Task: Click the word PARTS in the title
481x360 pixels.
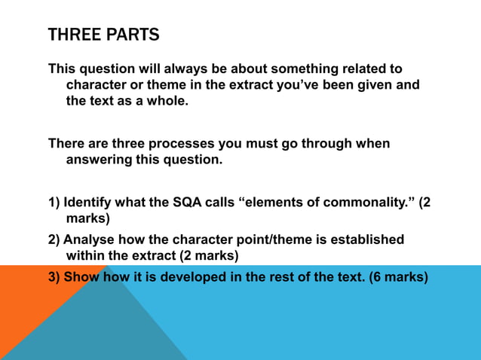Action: (x=134, y=35)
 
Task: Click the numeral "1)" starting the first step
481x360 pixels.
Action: (x=54, y=203)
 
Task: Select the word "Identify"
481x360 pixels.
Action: (x=88, y=203)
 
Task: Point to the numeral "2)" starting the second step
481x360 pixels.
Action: (x=54, y=239)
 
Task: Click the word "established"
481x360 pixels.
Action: (x=367, y=239)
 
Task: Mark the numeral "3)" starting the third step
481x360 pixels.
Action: (x=54, y=276)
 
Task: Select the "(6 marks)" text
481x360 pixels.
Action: (x=398, y=276)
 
